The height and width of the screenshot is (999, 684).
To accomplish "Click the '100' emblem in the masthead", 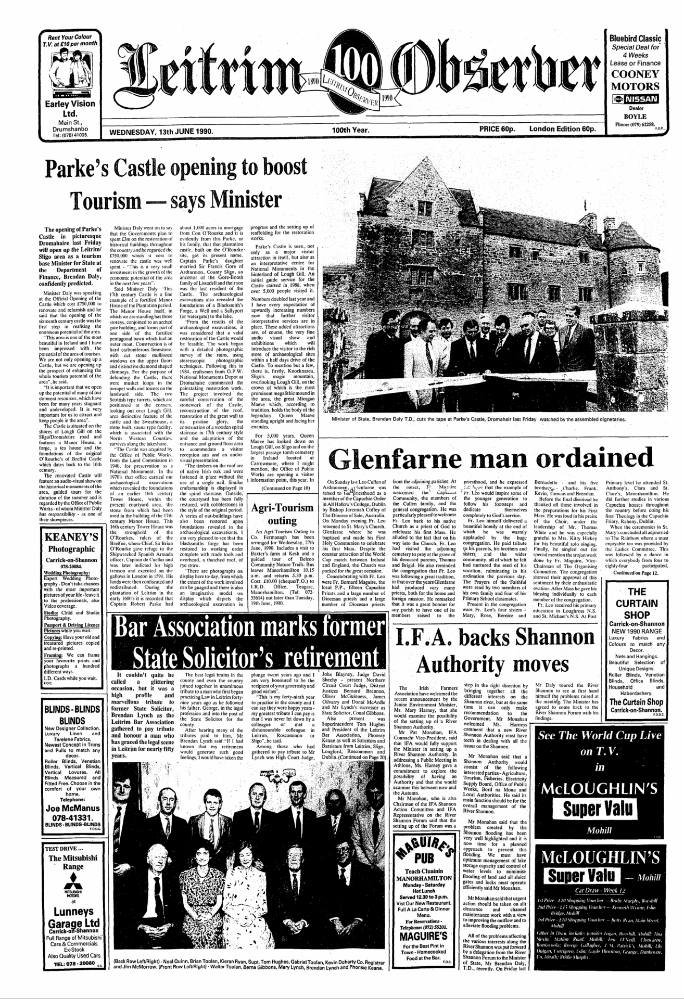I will (x=348, y=67).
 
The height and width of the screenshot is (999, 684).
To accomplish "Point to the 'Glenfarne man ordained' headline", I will (x=491, y=458).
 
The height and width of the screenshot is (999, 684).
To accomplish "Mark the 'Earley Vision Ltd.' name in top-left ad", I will (x=70, y=108).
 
